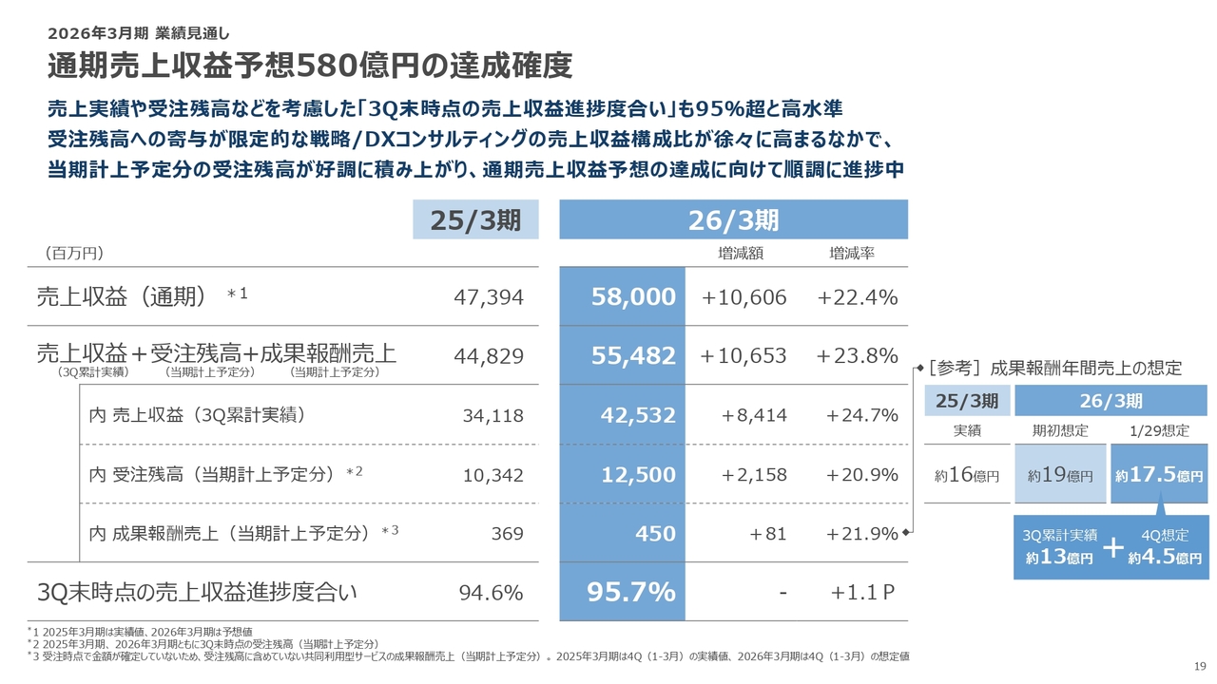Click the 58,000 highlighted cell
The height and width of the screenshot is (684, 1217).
point(632,297)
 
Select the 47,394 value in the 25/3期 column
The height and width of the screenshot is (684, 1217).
point(489,297)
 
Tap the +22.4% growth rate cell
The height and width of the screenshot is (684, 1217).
point(858,297)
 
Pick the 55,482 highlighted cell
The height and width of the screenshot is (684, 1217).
point(632,355)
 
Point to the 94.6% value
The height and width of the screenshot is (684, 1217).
point(491,593)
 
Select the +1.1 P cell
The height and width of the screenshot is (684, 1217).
point(862,593)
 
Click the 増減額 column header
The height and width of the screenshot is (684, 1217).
point(741,254)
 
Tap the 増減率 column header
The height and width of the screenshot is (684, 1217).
point(852,254)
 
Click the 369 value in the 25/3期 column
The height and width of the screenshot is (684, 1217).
point(507,534)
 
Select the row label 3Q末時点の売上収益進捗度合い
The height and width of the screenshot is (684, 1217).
point(197,593)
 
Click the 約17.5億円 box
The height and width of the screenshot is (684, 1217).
point(1158,473)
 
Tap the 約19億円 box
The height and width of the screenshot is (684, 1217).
point(1060,473)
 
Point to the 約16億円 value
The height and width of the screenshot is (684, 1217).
point(966,474)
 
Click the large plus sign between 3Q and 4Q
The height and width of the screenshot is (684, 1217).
point(1112,548)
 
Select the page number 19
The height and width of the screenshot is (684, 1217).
point(1199,665)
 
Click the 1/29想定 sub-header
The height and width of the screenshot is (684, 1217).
point(1158,430)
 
